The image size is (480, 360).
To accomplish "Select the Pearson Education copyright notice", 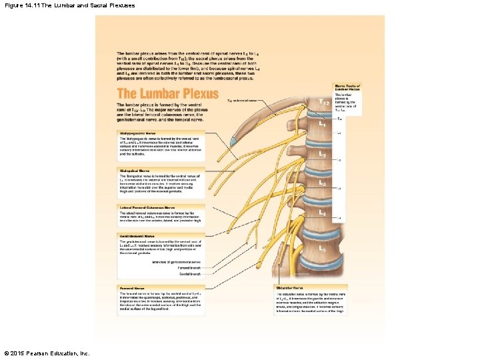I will point(46,353).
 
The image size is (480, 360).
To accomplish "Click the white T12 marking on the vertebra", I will point(323,102).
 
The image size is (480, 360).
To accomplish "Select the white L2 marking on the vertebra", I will point(322,153).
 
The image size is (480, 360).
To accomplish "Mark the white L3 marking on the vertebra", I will point(322,182).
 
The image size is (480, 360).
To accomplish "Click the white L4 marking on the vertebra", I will point(322,213).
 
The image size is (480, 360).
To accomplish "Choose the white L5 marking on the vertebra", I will point(322,249).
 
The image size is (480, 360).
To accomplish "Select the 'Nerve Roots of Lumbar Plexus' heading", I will point(347,87).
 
